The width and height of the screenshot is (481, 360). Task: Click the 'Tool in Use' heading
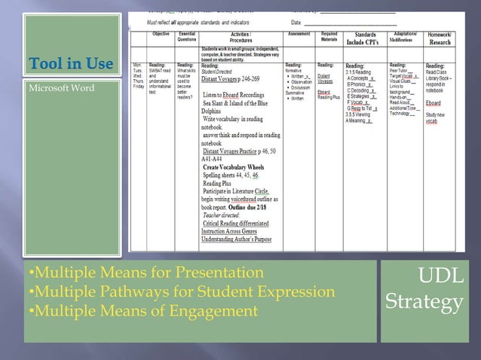click(71, 63)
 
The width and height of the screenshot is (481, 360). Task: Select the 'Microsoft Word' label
click(62, 88)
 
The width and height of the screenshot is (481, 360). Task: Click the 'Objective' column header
click(161, 34)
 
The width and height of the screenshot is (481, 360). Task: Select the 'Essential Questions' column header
click(188, 37)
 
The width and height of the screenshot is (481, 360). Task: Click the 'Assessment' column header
click(299, 34)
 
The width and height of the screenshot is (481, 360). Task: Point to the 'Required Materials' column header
click(329, 37)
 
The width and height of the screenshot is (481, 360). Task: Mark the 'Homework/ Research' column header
click(439, 38)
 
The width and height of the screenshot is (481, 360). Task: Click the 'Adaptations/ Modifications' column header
click(405, 37)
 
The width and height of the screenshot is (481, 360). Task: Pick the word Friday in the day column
click(138, 87)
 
